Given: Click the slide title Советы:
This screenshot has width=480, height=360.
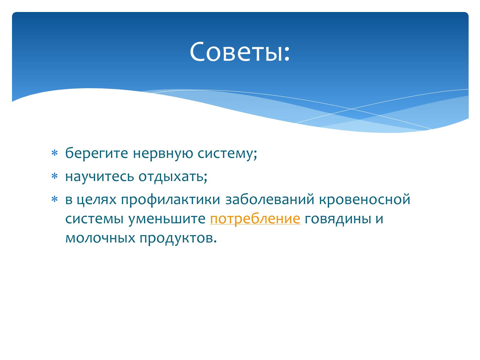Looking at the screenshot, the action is pos(240,52).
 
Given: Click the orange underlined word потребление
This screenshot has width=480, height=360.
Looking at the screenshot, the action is pos(255,219).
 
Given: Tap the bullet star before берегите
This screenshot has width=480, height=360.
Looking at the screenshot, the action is pos(55,153).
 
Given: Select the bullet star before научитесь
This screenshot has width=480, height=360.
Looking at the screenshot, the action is pos(55,176).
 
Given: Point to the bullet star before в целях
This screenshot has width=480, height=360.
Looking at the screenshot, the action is pos(55,199).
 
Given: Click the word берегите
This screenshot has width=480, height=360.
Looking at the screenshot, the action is pos(97,153).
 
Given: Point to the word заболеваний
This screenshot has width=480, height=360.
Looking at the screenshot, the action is pos(270,199).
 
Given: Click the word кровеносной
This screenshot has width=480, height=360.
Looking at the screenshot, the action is pos(364,199).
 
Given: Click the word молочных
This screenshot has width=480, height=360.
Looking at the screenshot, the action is pos(100,238).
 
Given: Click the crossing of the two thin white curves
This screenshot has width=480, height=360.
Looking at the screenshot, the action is pos(351,109).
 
